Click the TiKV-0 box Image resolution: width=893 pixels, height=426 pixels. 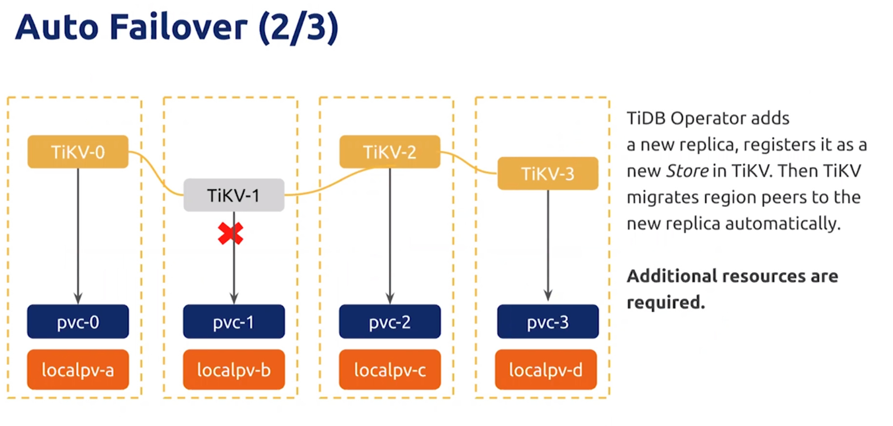tap(78, 152)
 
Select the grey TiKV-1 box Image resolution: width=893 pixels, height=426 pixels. tap(234, 195)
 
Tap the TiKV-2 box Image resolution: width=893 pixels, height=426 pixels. tap(390, 152)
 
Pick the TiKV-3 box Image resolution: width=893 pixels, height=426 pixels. tap(548, 174)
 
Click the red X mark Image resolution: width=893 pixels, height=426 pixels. tap(231, 233)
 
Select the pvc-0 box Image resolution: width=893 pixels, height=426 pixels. tap(78, 322)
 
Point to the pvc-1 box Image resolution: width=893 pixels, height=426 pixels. tap(234, 322)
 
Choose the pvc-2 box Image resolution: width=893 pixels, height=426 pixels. tap(390, 322)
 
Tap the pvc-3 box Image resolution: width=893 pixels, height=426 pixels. tap(548, 322)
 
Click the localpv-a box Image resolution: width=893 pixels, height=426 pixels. tap(78, 369)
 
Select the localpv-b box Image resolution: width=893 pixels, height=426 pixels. tap(234, 369)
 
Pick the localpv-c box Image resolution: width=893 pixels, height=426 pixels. tap(390, 369)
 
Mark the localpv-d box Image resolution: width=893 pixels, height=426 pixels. tap(546, 369)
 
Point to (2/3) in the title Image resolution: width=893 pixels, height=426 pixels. tap(298, 28)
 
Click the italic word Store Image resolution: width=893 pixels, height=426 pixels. tap(687, 171)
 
